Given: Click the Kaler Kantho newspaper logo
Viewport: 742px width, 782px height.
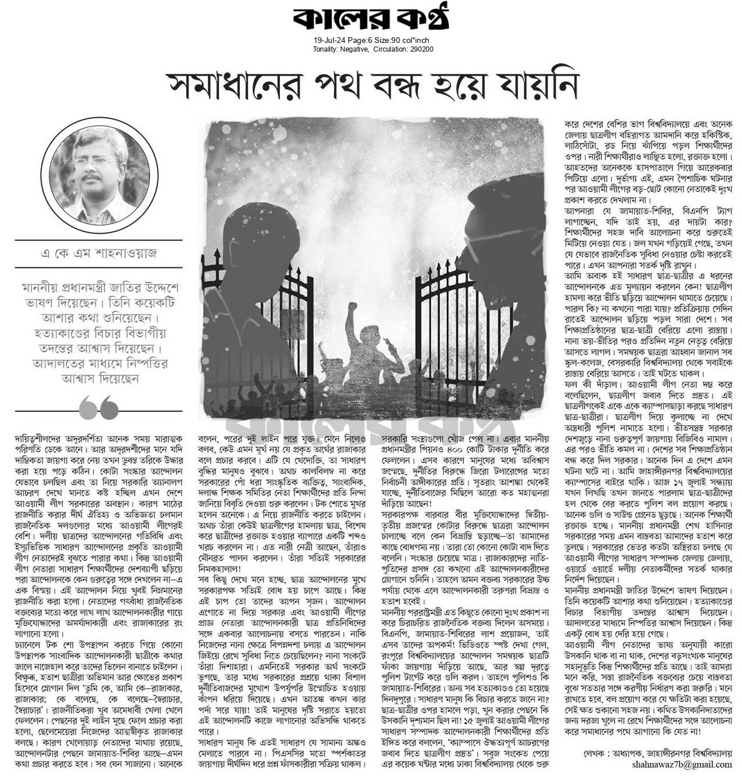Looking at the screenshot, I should [x=370, y=19].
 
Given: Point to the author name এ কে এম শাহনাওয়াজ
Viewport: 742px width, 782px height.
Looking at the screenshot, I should [x=99, y=254].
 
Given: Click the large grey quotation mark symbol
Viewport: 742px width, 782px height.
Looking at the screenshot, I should [x=99, y=408].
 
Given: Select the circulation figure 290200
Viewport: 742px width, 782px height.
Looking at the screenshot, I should [x=420, y=49].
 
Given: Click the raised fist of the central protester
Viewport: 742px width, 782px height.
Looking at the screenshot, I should [x=351, y=308].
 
